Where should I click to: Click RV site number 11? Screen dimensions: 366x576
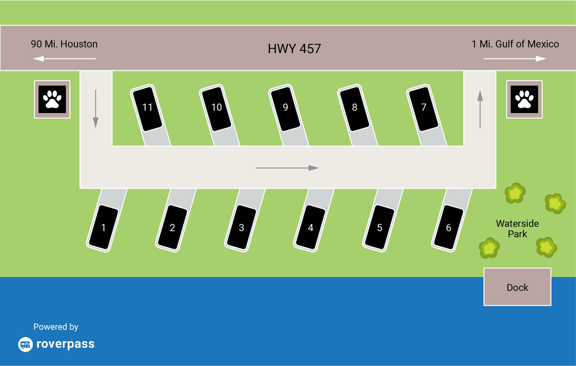147,108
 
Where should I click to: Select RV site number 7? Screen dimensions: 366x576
424,108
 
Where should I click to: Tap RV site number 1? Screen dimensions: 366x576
103,228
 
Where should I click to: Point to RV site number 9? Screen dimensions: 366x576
285,108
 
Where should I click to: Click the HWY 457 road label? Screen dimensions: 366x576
294,49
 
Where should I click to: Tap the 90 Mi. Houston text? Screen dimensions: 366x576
64,44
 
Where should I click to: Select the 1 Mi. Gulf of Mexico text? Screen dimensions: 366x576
515,44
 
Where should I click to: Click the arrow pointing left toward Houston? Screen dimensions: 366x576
64,59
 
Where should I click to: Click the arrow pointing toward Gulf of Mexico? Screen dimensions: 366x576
515,59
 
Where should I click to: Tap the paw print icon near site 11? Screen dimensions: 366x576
52,99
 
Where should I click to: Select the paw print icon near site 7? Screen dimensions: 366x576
524,99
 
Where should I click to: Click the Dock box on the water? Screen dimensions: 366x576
517,287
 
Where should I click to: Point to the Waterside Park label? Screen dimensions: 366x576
517,229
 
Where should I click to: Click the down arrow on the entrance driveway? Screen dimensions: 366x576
96,109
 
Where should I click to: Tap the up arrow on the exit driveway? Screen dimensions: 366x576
480,109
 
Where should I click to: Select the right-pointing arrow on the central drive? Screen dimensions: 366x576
287,168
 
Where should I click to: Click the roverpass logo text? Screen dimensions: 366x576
65,344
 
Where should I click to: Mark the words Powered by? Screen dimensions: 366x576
56,327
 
